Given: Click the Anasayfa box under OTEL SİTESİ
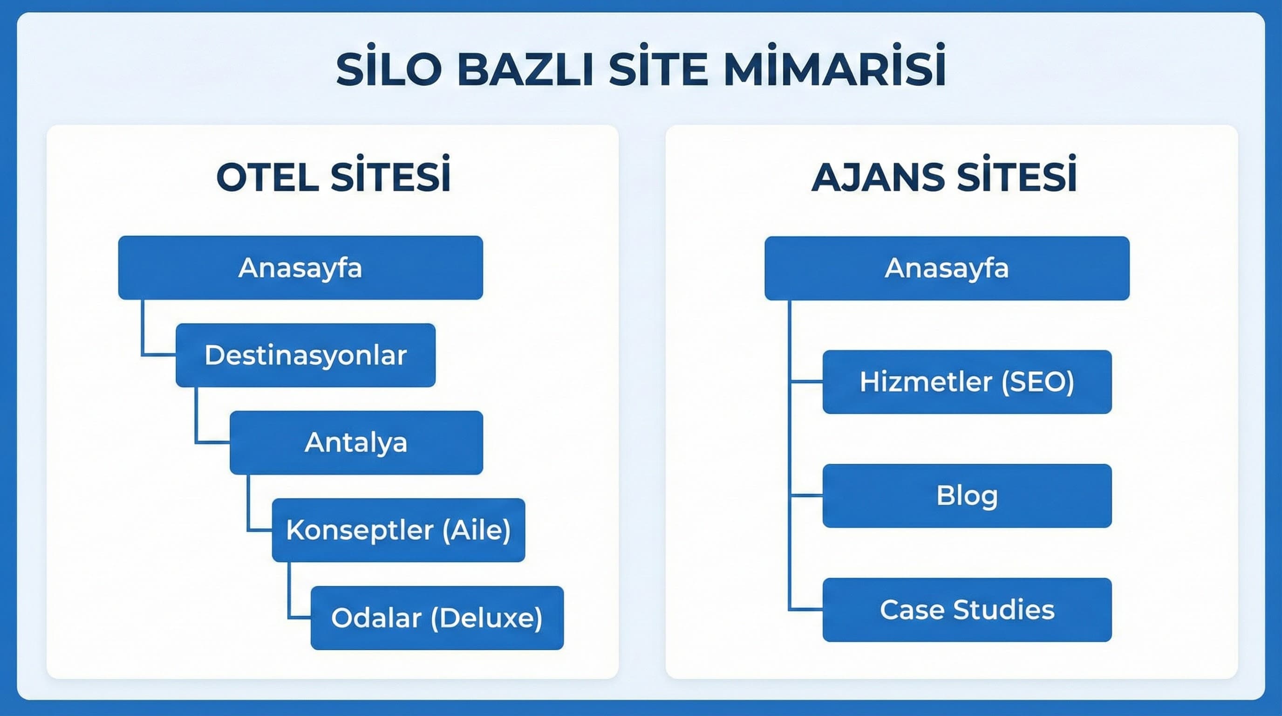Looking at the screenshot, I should tap(300, 268).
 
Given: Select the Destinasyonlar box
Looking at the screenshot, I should tap(305, 355).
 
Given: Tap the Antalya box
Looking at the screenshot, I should tap(356, 442).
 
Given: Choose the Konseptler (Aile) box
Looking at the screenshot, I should tap(398, 530).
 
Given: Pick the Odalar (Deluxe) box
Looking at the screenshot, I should tap(436, 618).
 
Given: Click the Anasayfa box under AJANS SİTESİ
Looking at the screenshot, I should tap(947, 268).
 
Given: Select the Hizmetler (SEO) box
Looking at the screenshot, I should tap(967, 381).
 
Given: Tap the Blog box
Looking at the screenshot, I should tap(967, 496).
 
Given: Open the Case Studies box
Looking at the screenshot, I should tap(967, 609).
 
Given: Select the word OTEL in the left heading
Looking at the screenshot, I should tap(267, 178).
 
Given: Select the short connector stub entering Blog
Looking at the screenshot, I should tap(806, 496).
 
